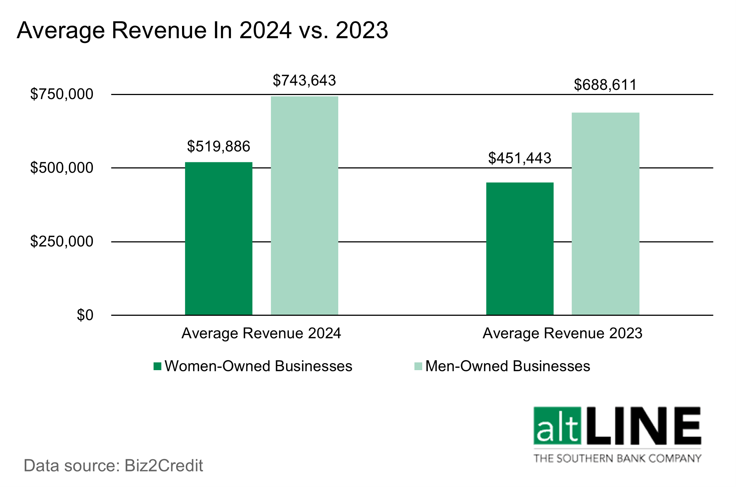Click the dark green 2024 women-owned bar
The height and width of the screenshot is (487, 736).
218,239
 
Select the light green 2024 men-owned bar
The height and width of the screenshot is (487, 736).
304,206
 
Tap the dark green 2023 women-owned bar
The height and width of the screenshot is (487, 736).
520,248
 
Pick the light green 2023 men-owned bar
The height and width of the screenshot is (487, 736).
605,214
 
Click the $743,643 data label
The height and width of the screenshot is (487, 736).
304,81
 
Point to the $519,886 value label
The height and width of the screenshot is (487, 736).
218,146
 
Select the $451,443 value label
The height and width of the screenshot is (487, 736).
520,158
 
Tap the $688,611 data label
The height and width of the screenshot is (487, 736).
605,85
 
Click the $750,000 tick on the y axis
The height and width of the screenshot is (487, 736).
61,94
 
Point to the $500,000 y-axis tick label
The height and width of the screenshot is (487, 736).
61,168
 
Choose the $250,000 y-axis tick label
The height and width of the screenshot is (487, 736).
61,241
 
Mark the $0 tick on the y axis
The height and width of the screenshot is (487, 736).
85,315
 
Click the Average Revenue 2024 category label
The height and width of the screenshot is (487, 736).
261,334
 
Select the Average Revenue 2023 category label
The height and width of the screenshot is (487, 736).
562,334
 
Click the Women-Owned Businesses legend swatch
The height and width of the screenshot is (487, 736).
158,366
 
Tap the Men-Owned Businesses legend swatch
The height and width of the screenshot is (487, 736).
418,366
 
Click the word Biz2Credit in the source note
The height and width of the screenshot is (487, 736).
164,466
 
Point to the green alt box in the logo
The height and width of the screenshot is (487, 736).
557,426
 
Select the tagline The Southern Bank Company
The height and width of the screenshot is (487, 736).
617,459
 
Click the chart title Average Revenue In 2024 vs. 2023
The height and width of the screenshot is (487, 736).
202,30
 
